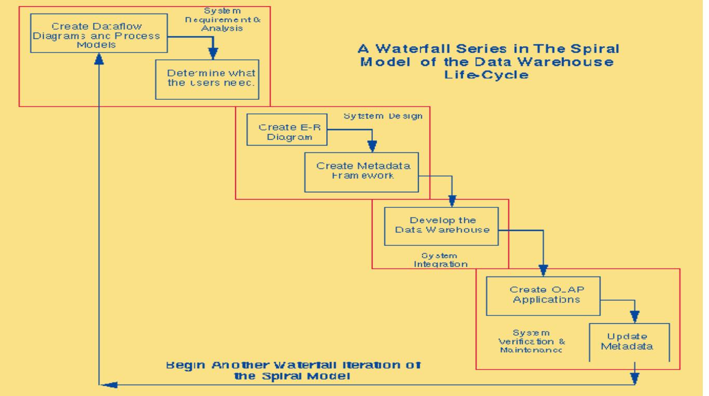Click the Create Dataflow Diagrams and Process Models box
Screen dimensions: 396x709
pos(98,33)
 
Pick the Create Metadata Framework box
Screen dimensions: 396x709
pos(364,170)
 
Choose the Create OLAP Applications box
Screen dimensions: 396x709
pos(542,295)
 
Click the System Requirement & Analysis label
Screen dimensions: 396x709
pos(223,20)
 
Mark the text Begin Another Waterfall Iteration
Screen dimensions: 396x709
pos(293,365)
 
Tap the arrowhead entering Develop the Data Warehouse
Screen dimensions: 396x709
pos(452,201)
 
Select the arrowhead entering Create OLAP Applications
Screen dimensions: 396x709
pos(543,270)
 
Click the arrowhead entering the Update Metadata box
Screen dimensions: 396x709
pos(634,316)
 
